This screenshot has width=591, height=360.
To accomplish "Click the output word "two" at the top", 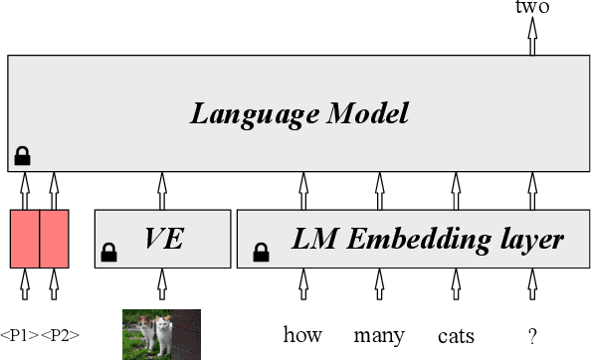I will coord(531,7).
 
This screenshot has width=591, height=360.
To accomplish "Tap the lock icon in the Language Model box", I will coord(22,155).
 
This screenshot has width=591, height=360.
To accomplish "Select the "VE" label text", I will coord(165,239).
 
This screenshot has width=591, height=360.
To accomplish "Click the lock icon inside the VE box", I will coord(109,254).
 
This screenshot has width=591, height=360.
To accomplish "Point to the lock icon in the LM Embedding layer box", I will coord(261,254).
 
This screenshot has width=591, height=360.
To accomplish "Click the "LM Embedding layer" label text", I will coord(428,239).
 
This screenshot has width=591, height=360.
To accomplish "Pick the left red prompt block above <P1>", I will coord(24,239).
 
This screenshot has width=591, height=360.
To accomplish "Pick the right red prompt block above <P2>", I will coord(54,239).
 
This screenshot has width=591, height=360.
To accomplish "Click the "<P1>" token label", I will coord(19,335).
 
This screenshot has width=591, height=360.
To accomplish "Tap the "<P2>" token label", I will coord(60,335).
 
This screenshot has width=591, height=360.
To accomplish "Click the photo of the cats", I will coord(161,334).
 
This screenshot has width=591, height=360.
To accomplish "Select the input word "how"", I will coord(302,334).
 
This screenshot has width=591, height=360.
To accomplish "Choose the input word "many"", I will coord(379,335).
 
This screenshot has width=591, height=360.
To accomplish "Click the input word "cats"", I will coord(456,336).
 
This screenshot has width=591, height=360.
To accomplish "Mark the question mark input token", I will coord(531,334).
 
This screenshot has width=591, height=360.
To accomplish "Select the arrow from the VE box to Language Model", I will coord(162,189).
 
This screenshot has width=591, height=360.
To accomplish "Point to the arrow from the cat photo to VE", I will coord(162,286).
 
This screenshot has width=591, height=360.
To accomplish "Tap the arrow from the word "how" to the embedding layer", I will coord(303,286).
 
